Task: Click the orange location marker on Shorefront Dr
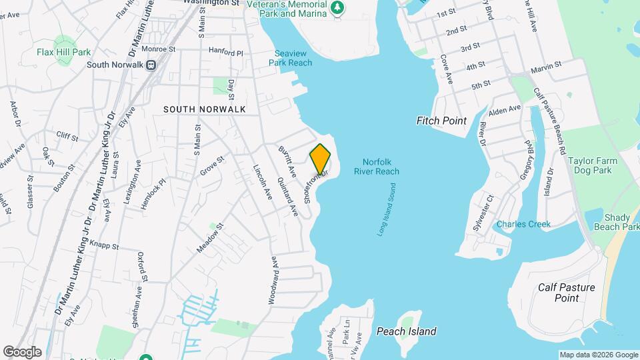click(320, 159)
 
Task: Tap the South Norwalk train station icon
click(151, 65)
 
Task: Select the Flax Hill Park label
click(63, 52)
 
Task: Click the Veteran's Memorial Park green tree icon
click(339, 7)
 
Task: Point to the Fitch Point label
click(441, 121)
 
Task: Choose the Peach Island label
click(406, 331)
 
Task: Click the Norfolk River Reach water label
click(381, 167)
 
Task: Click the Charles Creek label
click(523, 224)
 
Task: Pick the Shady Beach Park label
click(621, 222)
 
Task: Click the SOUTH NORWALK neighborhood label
click(205, 109)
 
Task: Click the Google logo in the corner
click(22, 351)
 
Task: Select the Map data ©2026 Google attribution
click(598, 355)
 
